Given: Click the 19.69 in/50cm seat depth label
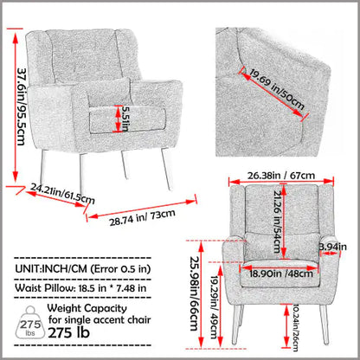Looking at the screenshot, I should [x=277, y=90].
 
